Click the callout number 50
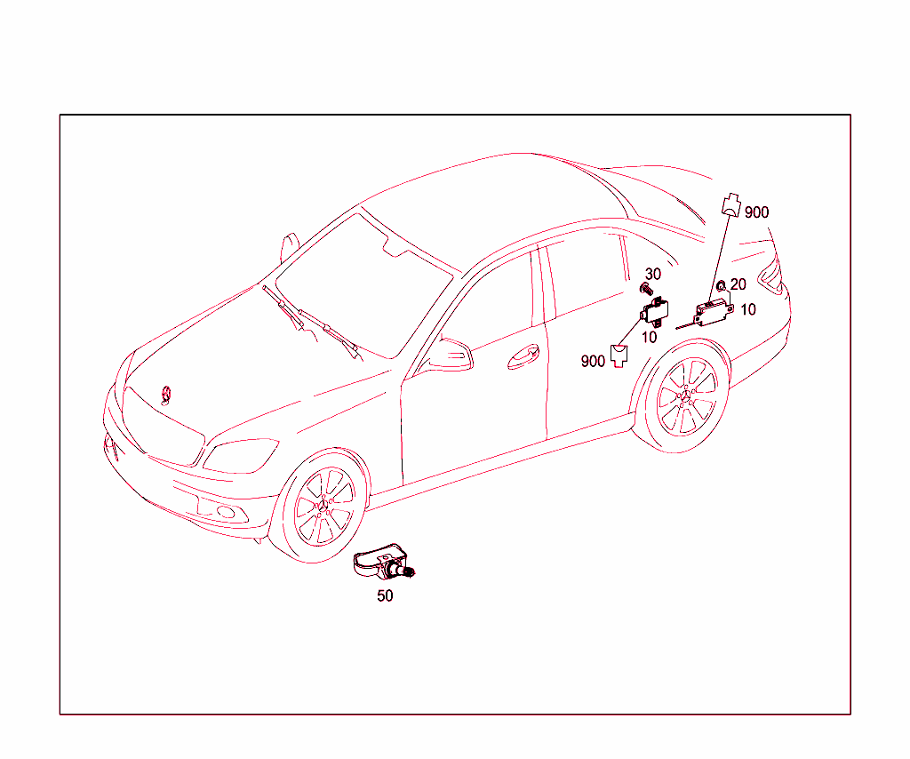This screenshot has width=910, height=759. pyautogui.click(x=385, y=596)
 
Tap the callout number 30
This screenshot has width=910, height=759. pyautogui.click(x=653, y=275)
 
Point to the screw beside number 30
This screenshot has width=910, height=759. pyautogui.click(x=647, y=290)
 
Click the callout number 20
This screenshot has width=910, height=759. pyautogui.click(x=738, y=285)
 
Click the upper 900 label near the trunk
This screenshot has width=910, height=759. pyautogui.click(x=756, y=212)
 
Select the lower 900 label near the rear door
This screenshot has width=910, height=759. pyautogui.click(x=593, y=361)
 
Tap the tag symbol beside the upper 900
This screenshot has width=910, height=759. pyautogui.click(x=730, y=205)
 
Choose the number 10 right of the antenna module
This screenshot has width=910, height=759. pyautogui.click(x=748, y=309)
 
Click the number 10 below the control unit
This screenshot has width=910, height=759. pyautogui.click(x=650, y=337)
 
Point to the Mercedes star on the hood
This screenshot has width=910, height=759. pyautogui.click(x=165, y=395)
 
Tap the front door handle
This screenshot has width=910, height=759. pyautogui.click(x=523, y=357)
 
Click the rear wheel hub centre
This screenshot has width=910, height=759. pyautogui.click(x=686, y=397)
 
